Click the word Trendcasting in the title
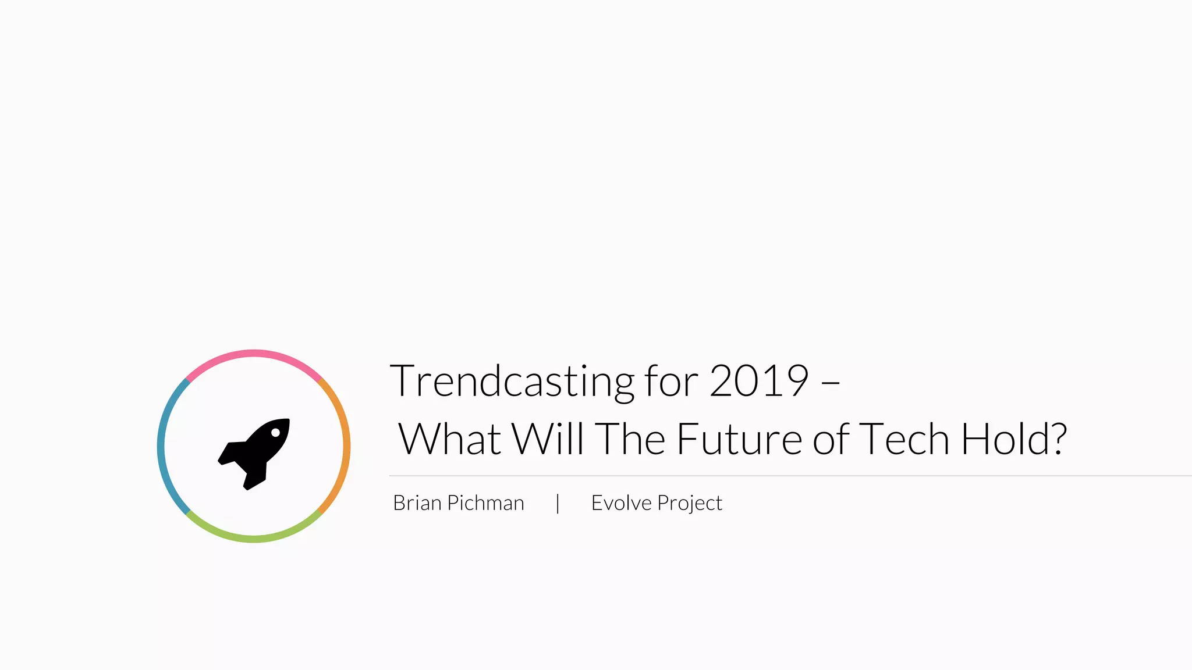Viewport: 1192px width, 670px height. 512,382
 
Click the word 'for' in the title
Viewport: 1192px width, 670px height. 670,382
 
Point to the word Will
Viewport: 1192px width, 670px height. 547,439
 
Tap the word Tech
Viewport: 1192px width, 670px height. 903,439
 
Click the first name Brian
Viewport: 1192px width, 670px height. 417,503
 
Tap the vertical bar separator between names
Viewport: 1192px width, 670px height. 558,503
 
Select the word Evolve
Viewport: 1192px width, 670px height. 621,503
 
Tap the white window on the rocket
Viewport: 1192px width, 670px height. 275,433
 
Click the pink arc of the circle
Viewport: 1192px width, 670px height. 254,354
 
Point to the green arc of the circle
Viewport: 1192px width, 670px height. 254,539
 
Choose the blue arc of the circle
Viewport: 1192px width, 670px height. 161,447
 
